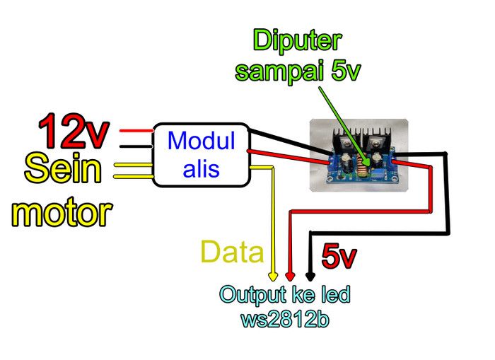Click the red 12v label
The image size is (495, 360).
point(74,131)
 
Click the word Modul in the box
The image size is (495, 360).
point(201,141)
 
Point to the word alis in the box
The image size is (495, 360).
point(201,169)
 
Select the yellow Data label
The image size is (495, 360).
point(232,252)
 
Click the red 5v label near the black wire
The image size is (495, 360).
point(338,256)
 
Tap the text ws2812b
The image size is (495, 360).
point(284,318)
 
